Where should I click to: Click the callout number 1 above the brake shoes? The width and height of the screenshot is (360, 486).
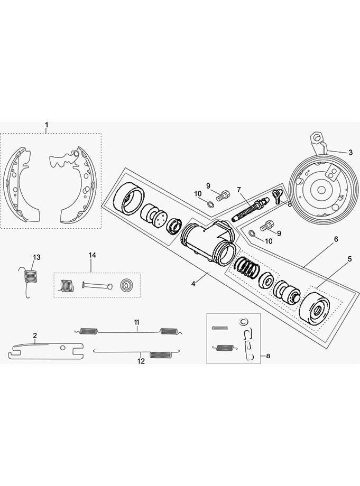47,125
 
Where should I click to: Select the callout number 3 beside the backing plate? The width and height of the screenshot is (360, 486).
350,153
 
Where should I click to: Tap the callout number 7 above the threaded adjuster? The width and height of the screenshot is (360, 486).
239,190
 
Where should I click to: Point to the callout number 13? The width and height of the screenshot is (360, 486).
37,257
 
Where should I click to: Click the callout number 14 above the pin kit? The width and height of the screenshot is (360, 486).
92,255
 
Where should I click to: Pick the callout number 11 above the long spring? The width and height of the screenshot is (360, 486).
137,322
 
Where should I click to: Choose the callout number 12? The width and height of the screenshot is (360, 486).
141,361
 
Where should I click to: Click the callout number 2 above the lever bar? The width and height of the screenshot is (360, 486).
35,335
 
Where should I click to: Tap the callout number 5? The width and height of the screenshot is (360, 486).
349,259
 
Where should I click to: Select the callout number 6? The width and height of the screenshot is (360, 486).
336,239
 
